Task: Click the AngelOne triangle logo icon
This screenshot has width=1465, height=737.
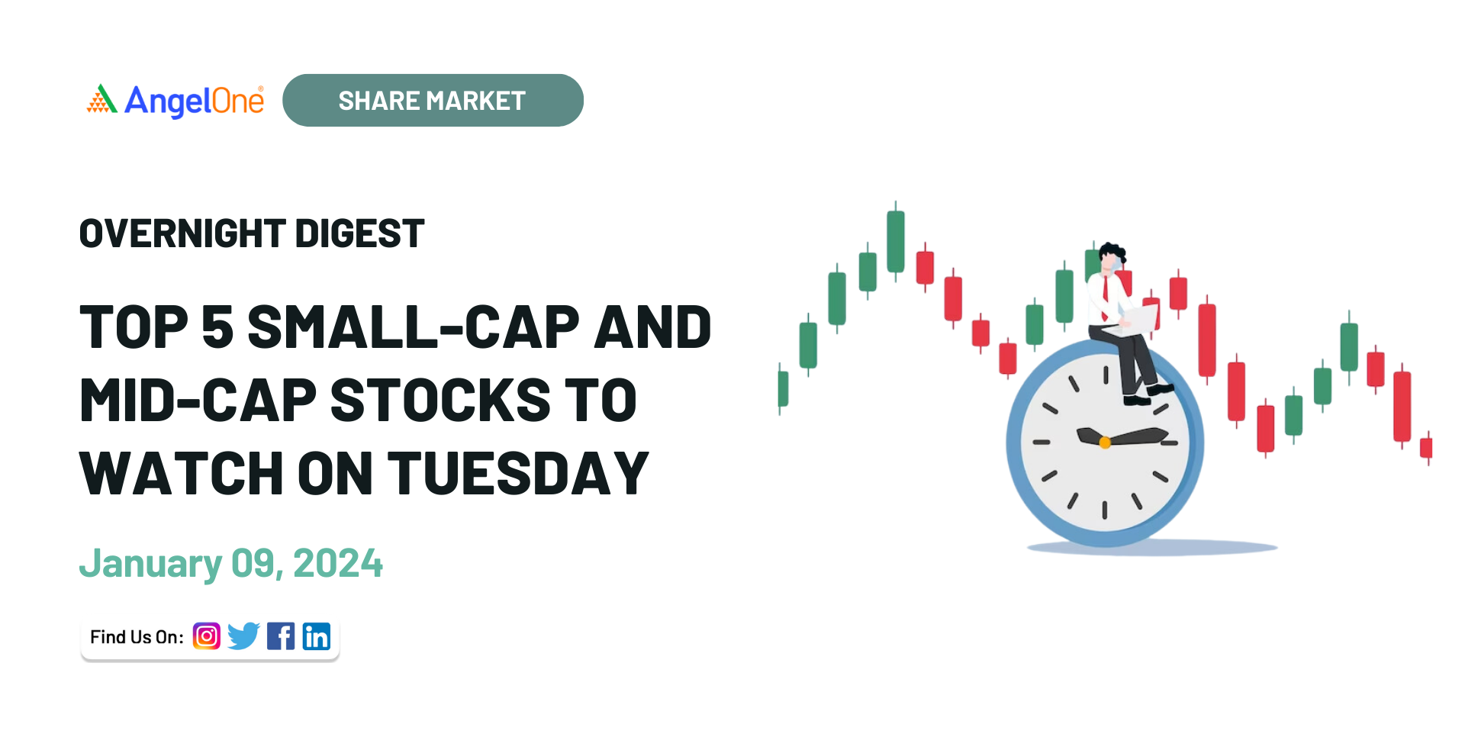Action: [102, 99]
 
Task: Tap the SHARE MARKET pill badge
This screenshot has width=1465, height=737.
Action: [433, 100]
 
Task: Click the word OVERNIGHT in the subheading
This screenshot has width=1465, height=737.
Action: [182, 233]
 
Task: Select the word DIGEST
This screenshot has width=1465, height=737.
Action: [359, 233]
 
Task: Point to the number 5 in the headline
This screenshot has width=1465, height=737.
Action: [217, 327]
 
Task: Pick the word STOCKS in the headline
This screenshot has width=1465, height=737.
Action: [441, 401]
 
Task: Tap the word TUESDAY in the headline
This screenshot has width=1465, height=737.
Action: [519, 474]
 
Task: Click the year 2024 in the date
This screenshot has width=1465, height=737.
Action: [338, 564]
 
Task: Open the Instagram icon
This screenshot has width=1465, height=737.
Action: [207, 636]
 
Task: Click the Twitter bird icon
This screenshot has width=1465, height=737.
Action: [243, 636]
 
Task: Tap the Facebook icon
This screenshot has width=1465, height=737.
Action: [281, 636]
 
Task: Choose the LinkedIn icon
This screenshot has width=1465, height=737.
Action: [317, 636]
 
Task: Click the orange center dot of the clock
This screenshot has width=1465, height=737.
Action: [1105, 443]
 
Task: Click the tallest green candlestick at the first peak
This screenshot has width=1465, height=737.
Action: [896, 241]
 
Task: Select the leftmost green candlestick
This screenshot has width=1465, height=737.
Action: [783, 389]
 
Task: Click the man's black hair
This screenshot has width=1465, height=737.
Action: [1112, 252]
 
